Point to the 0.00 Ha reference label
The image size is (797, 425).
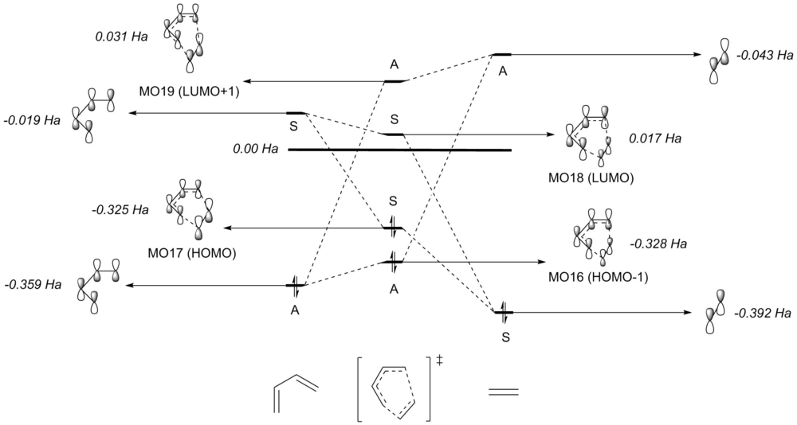(x=254, y=149)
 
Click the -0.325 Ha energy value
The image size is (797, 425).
(x=120, y=210)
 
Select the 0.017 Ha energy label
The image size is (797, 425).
(x=655, y=138)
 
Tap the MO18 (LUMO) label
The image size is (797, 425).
(x=596, y=178)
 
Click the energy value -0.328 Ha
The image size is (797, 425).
(x=658, y=243)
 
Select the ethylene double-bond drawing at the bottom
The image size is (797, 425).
(x=503, y=391)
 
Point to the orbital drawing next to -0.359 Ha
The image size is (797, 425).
(x=98, y=283)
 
